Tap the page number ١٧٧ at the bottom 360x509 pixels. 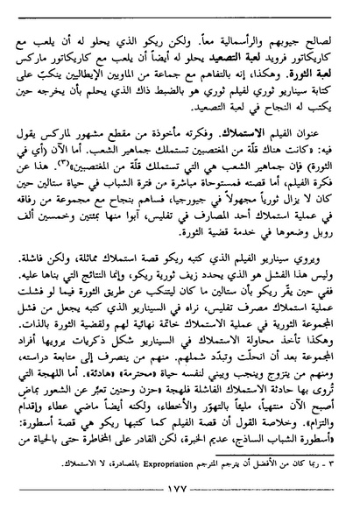click(180, 496)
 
